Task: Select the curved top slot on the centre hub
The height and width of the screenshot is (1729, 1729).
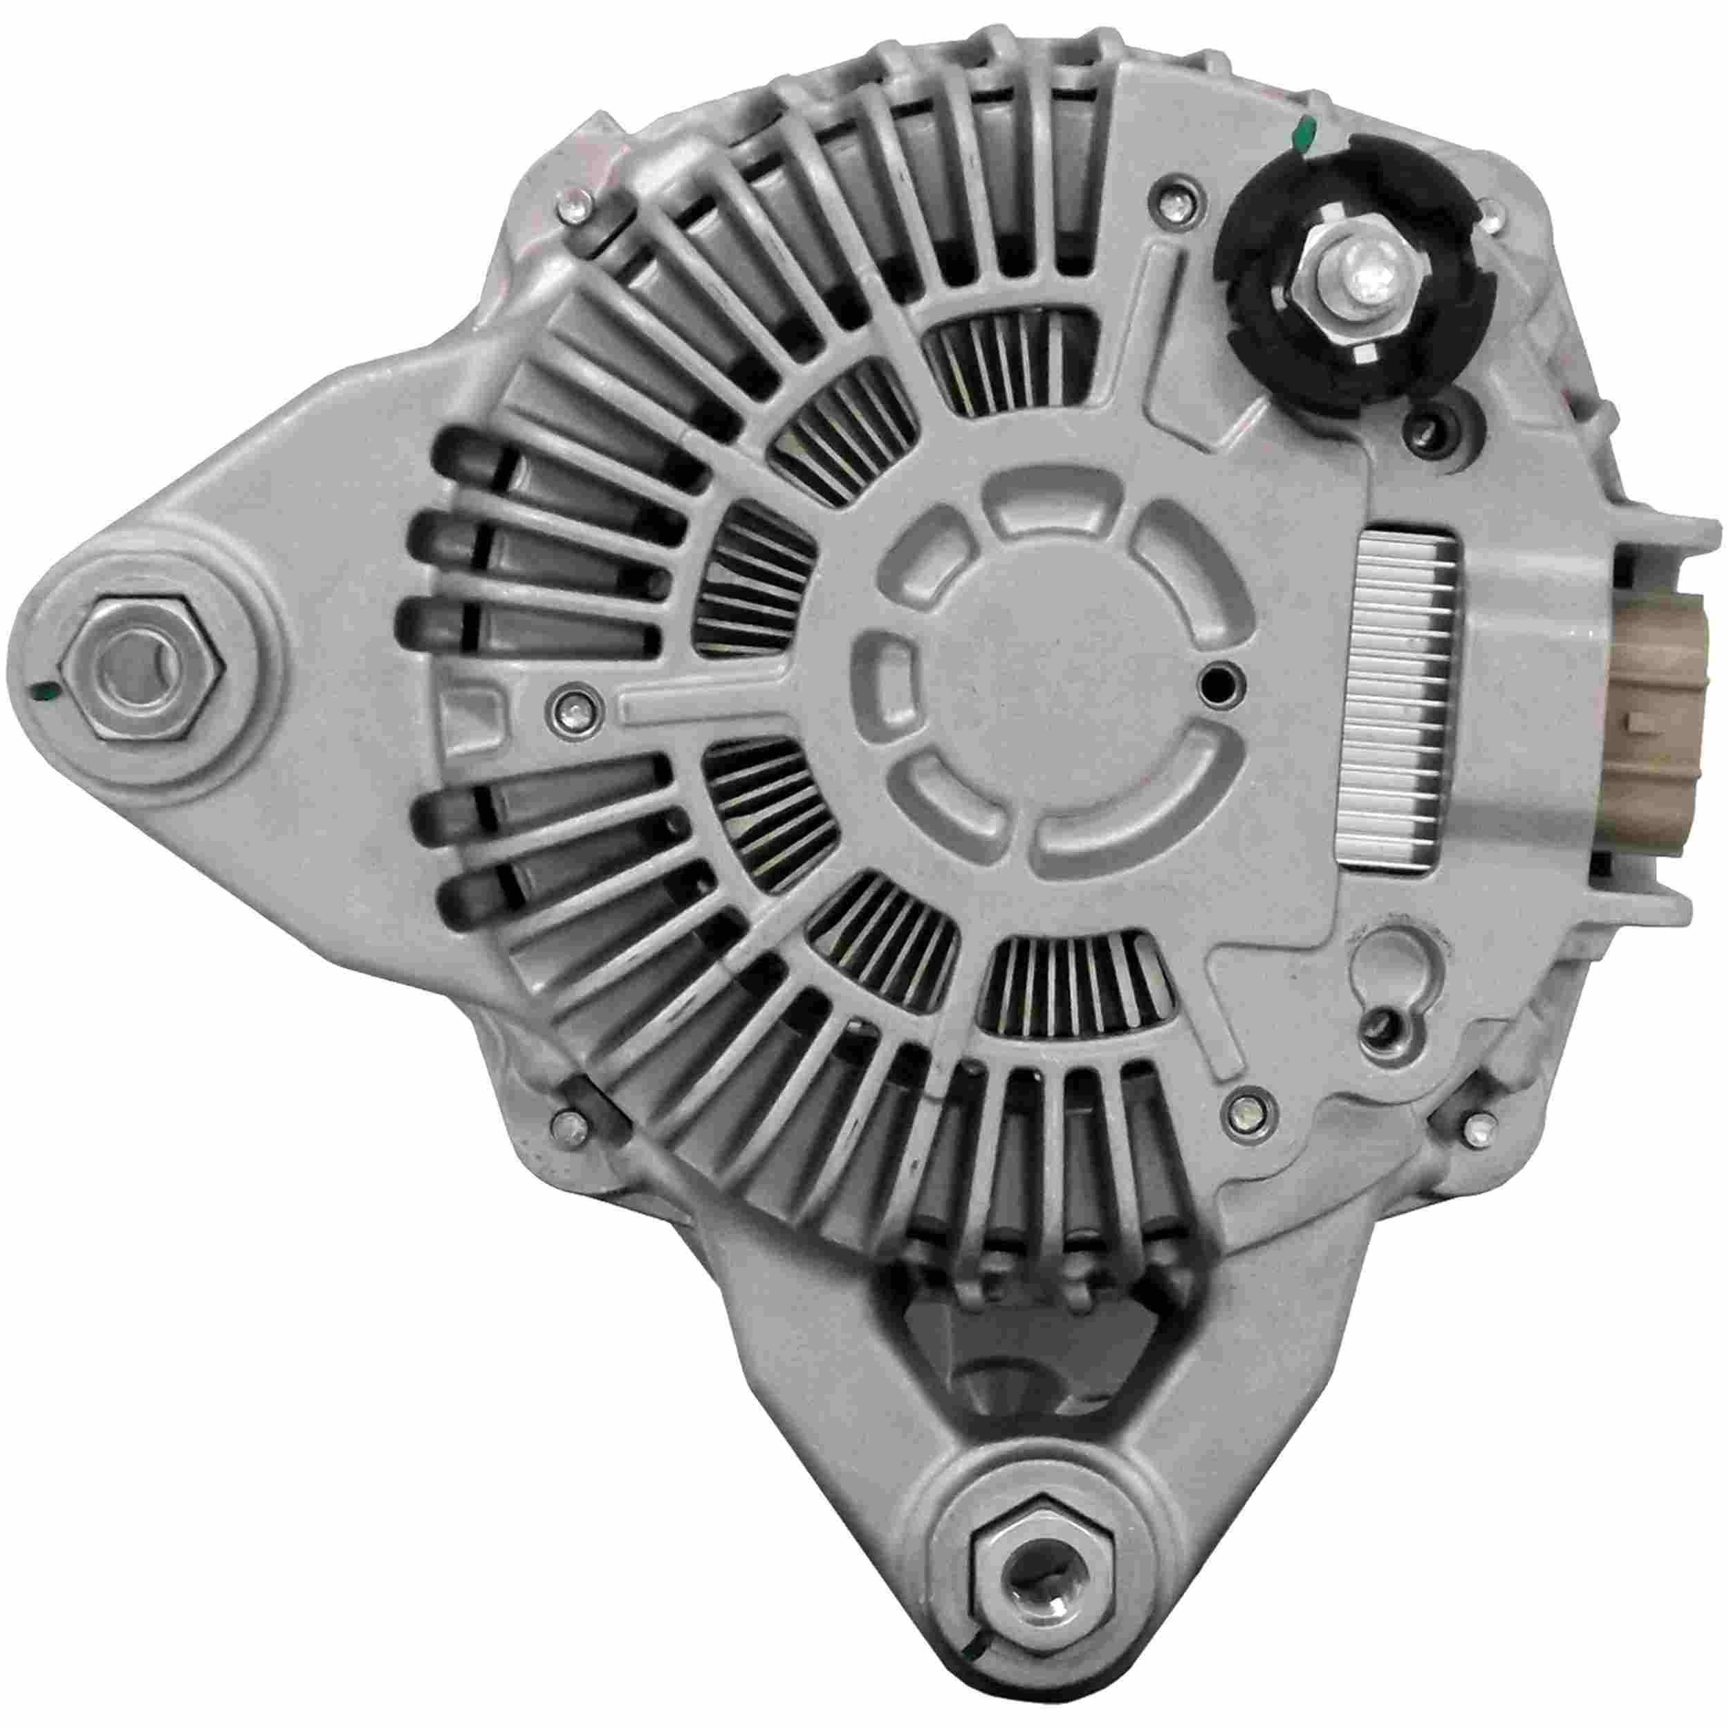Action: [x=1044, y=521]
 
